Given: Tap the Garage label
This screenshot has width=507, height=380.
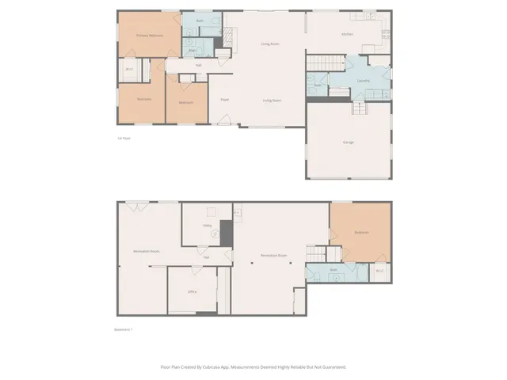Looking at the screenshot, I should (348, 142).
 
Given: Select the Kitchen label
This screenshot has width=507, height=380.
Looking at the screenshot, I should (347, 35).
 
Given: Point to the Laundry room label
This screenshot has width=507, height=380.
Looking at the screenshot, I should (364, 80).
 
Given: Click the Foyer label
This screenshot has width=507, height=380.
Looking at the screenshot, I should (225, 100).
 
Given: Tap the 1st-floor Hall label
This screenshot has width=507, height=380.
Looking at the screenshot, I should (198, 65).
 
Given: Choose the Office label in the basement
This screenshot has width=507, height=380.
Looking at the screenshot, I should (192, 291).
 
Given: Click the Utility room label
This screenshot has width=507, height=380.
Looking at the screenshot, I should (207, 226).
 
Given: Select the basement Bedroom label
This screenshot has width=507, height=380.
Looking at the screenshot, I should (360, 233).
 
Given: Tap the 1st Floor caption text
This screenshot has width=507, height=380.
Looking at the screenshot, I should (124, 138).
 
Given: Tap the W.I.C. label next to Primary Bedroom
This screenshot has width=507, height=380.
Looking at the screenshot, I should (129, 70).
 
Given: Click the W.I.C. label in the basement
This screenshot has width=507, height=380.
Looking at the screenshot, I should (379, 271).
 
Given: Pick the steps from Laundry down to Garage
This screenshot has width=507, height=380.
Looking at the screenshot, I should (358, 108).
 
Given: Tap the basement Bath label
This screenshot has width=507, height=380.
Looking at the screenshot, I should (334, 271).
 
